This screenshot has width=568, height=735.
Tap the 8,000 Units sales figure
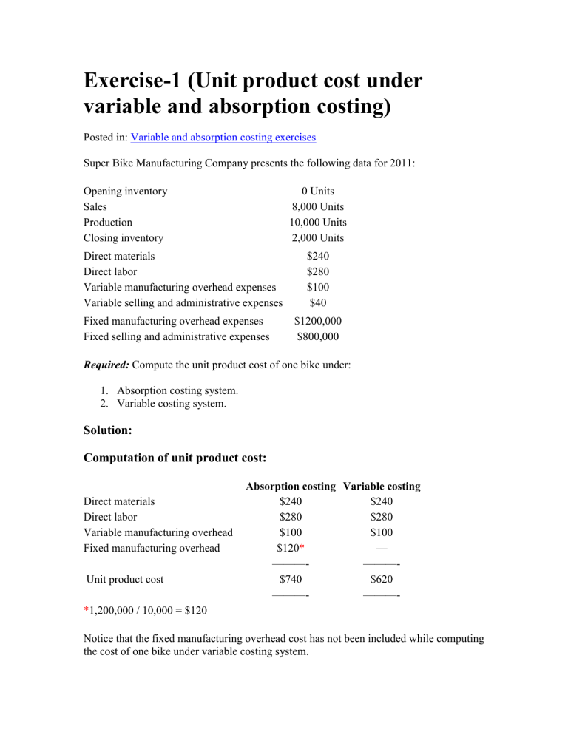318,207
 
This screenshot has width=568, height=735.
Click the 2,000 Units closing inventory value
318,238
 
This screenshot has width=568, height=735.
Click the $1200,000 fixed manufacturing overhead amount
318,322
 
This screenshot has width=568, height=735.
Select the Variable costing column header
382,487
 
